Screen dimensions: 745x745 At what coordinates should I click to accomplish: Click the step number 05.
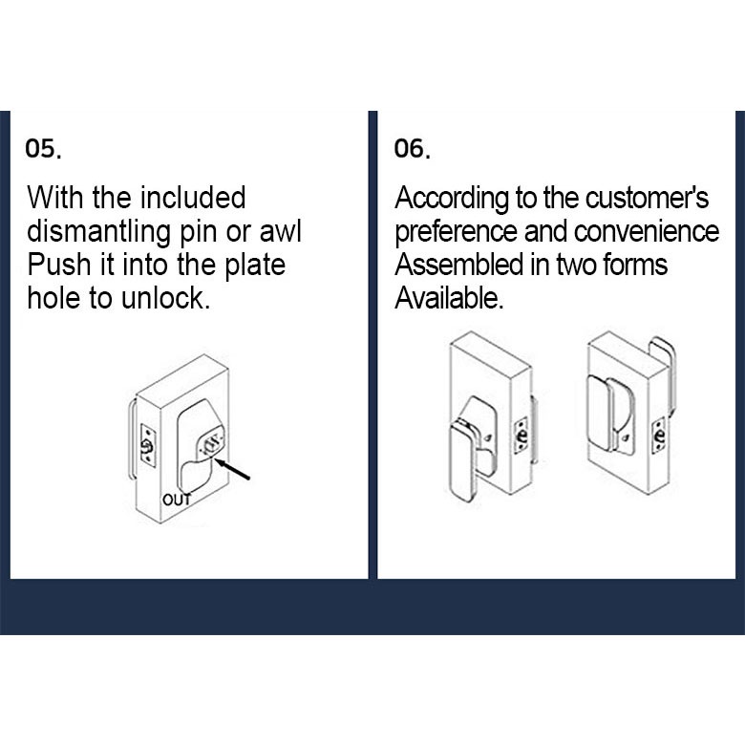[43, 149]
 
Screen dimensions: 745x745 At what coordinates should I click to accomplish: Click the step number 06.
[413, 149]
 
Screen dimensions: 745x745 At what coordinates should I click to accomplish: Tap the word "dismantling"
[98, 232]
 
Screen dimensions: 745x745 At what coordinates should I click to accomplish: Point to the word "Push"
[59, 265]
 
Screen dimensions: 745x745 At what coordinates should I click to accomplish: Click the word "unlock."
[165, 298]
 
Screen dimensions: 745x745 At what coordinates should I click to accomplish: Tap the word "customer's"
[647, 198]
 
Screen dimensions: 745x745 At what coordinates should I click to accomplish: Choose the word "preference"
[457, 232]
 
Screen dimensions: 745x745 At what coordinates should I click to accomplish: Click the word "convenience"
[647, 231]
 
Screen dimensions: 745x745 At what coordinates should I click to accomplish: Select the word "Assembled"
[459, 265]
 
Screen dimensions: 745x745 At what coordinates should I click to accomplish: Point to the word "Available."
[449, 298]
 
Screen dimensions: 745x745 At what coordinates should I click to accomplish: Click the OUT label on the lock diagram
[177, 500]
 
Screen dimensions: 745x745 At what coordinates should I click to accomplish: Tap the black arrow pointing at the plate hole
[232, 469]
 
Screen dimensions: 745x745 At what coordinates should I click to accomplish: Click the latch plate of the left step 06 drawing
[521, 436]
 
